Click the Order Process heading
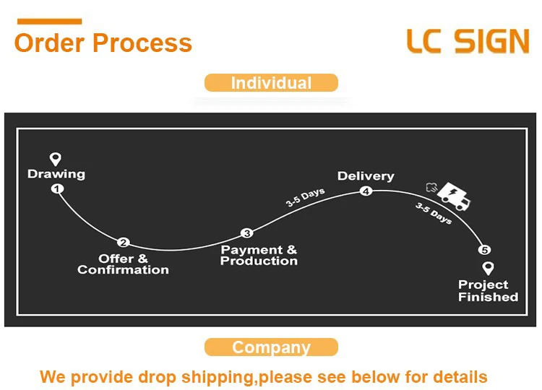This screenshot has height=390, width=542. click(x=103, y=43)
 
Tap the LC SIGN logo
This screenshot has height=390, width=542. click(x=468, y=42)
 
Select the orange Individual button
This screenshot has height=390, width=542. click(x=271, y=83)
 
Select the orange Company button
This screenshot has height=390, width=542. click(x=271, y=347)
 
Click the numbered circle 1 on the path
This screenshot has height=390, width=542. click(x=57, y=189)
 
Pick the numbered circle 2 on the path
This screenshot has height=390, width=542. click(x=124, y=243)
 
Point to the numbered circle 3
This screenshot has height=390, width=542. click(x=247, y=233)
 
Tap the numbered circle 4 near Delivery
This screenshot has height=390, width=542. click(x=366, y=191)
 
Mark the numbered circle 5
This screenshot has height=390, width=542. click(x=485, y=251)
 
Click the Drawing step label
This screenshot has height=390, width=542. click(x=56, y=174)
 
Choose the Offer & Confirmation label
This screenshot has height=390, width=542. click(x=123, y=264)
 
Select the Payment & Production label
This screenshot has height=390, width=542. click(x=259, y=255)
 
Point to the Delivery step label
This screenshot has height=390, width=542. click(x=366, y=176)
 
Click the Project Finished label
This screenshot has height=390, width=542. click(x=488, y=290)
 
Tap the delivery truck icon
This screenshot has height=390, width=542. click(x=452, y=194)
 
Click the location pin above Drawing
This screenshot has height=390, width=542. click(x=55, y=159)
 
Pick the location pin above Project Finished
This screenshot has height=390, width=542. click(x=488, y=269)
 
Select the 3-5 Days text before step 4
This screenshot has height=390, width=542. click(x=305, y=198)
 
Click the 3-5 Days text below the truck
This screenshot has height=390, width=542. click(x=434, y=213)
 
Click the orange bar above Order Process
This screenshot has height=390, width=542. click(x=48, y=22)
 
